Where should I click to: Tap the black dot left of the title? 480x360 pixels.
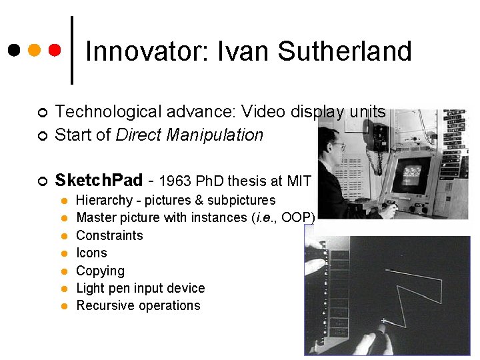point(13,50)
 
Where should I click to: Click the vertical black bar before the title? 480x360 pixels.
point(72,50)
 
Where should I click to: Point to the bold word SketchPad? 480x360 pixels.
point(99,180)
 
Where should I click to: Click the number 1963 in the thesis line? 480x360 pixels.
point(174,181)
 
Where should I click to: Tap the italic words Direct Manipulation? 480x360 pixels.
point(189,135)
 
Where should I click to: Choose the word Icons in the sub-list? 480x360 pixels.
point(91,253)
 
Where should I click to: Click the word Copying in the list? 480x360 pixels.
point(100,271)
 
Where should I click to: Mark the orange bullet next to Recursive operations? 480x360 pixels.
point(64,306)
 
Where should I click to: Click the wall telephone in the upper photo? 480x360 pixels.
point(379,137)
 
